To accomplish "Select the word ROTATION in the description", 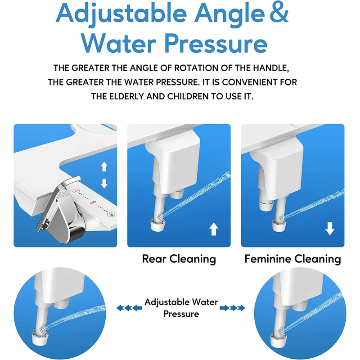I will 196,68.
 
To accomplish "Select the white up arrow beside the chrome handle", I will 104,167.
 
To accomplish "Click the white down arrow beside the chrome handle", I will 104,183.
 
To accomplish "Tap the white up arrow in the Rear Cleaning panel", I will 214,230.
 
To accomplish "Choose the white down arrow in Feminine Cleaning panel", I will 330,230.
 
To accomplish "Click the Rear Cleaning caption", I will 179,259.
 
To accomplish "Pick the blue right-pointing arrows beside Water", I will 235,308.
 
